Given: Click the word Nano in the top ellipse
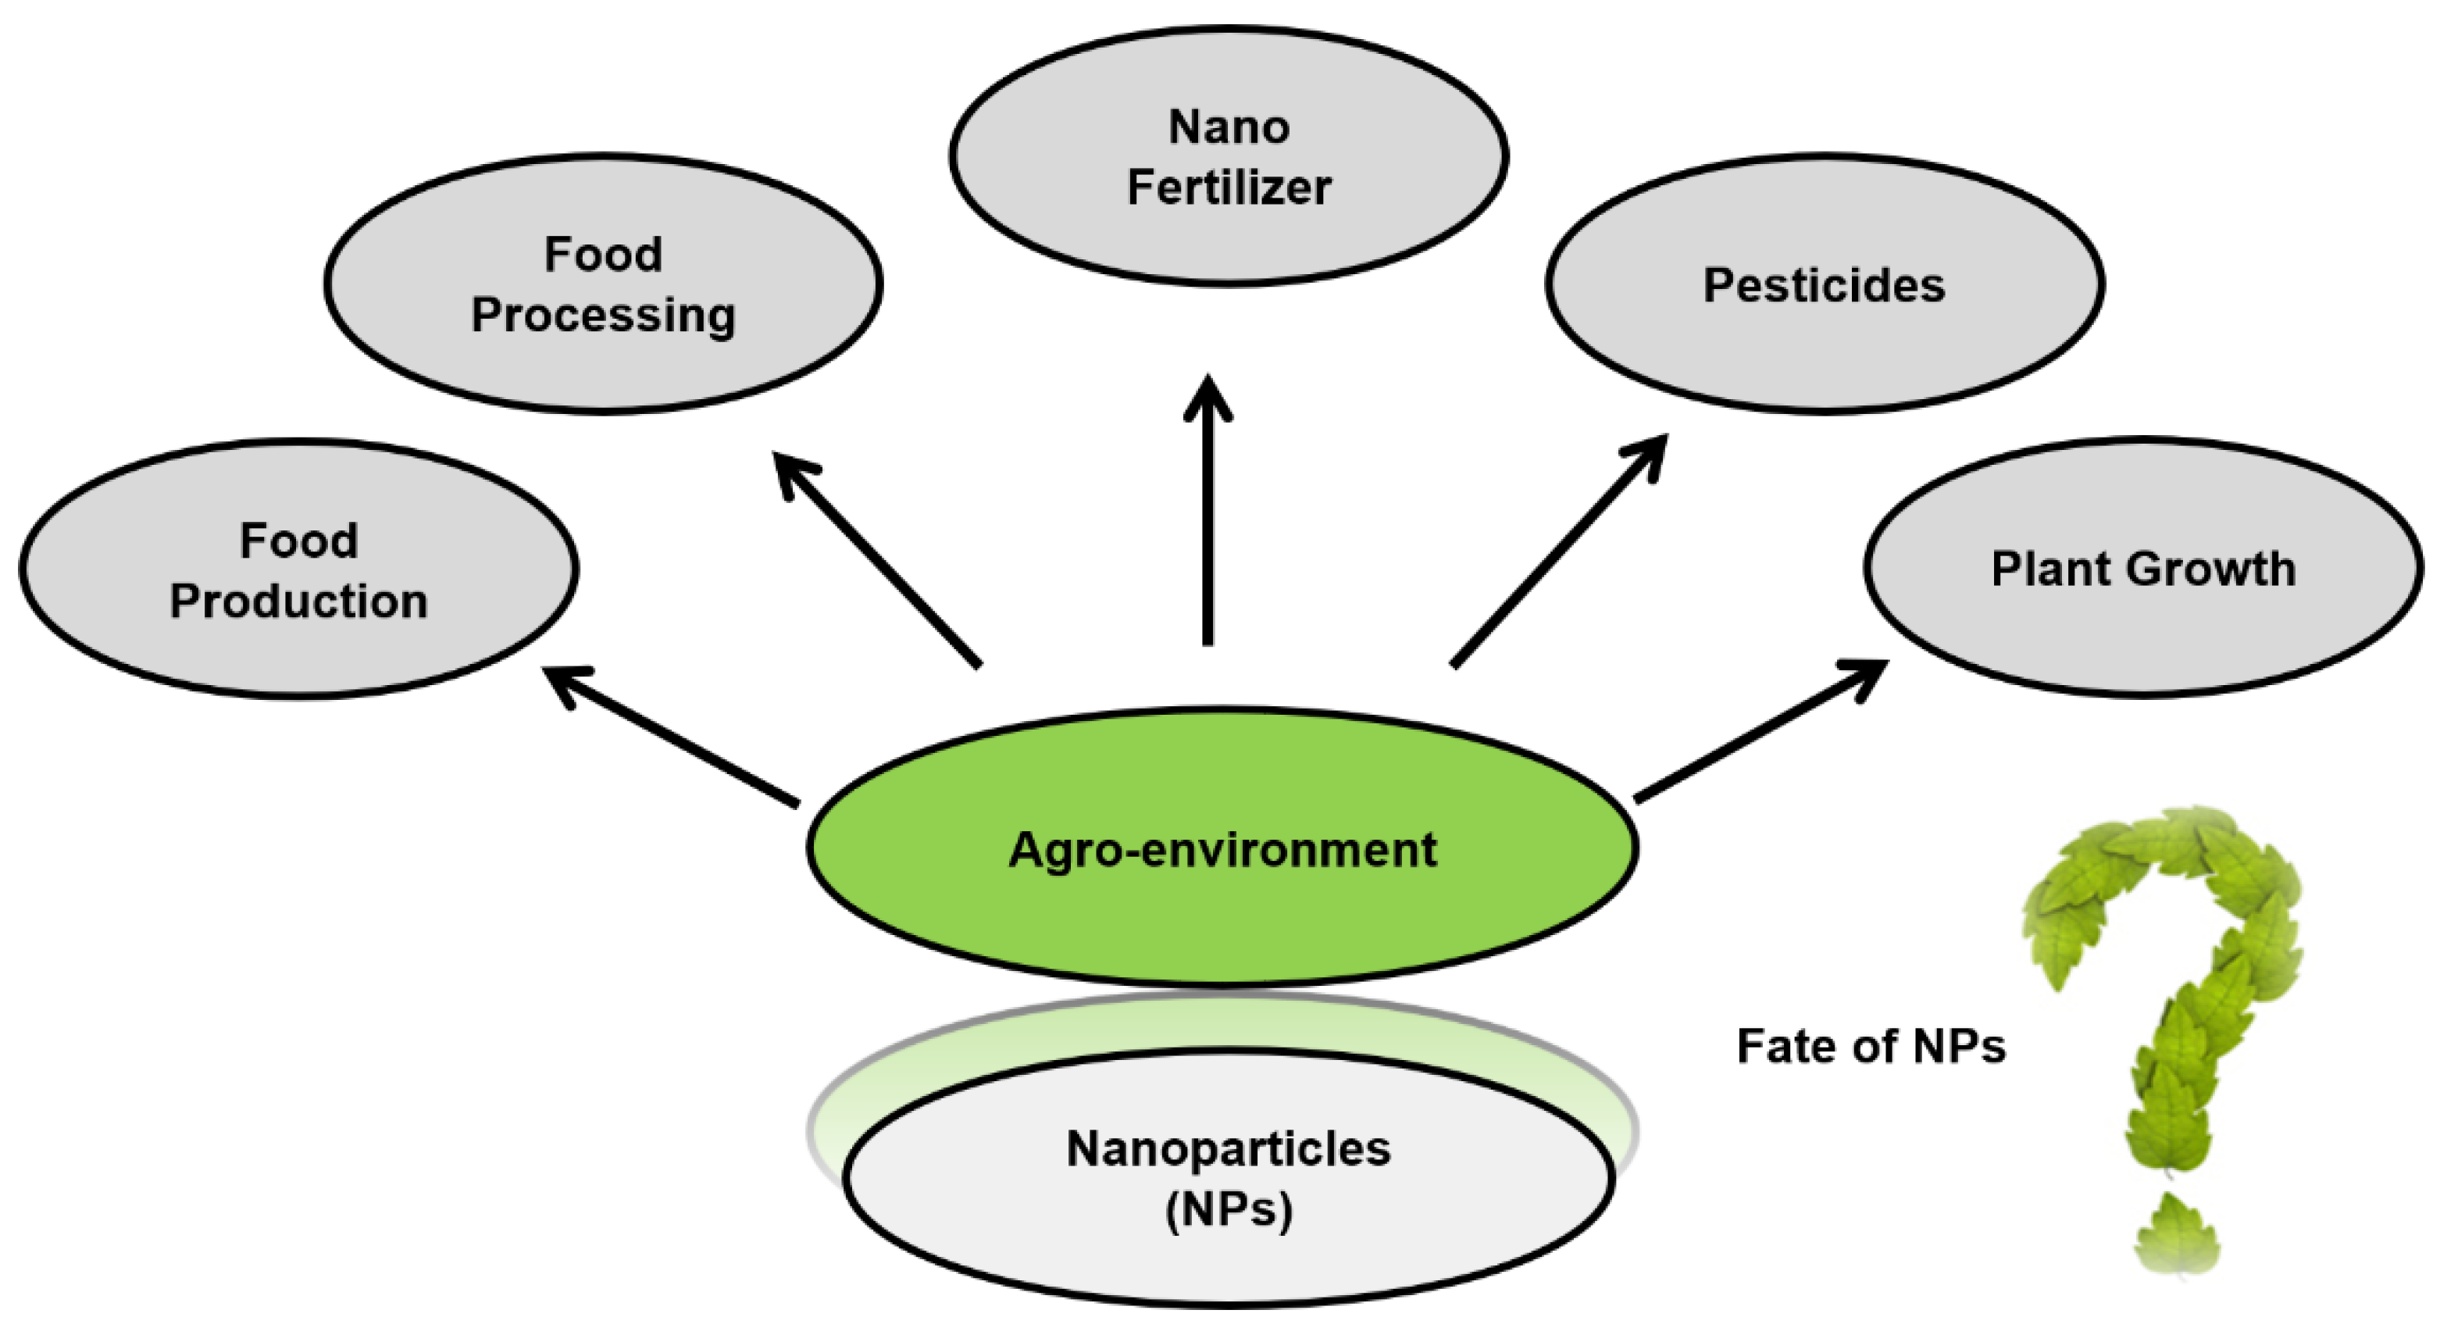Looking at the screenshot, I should click(1229, 127).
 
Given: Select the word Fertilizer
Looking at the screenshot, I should click(1229, 187).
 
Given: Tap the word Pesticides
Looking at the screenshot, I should click(1824, 285).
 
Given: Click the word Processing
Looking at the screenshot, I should click(604, 316).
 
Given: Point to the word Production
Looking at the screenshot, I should click(298, 601).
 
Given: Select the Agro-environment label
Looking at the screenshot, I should click(1222, 849).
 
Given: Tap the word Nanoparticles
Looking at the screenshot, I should click(1229, 1148).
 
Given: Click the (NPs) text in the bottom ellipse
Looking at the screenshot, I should click(1229, 1209).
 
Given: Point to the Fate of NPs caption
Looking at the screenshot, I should click(1871, 1046).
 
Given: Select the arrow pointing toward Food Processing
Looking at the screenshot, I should click(876, 559).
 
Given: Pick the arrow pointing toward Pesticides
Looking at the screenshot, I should click(1559, 549).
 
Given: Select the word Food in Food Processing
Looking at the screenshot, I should click(604, 255).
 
